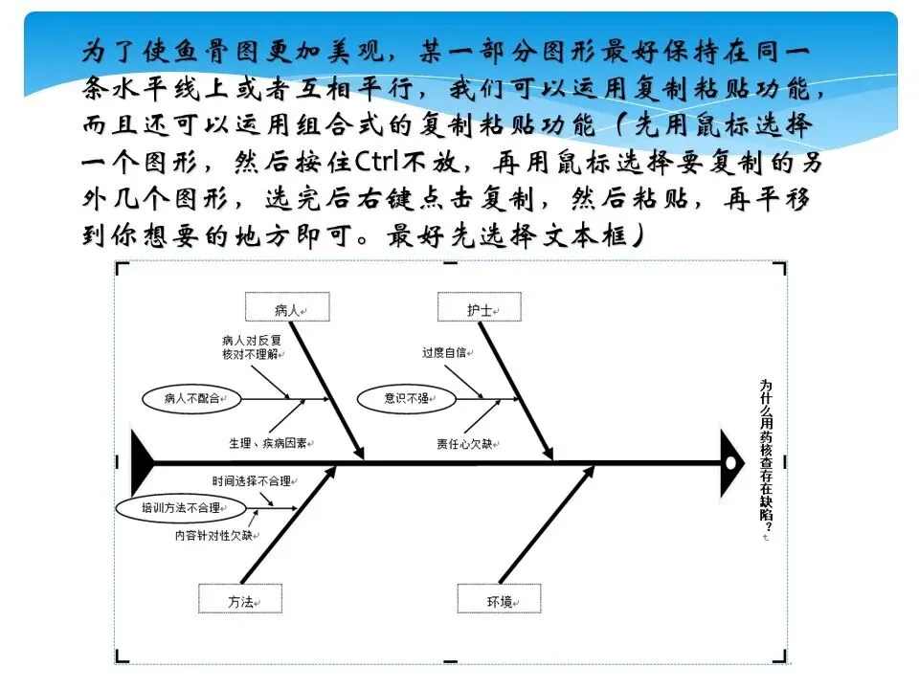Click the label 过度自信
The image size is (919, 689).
click(443, 352)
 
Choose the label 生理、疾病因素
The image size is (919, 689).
click(273, 443)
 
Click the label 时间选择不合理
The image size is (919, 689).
click(252, 481)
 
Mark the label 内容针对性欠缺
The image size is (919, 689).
click(213, 535)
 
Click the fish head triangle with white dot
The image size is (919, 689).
click(731, 463)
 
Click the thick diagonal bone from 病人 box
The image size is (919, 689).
click(327, 389)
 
